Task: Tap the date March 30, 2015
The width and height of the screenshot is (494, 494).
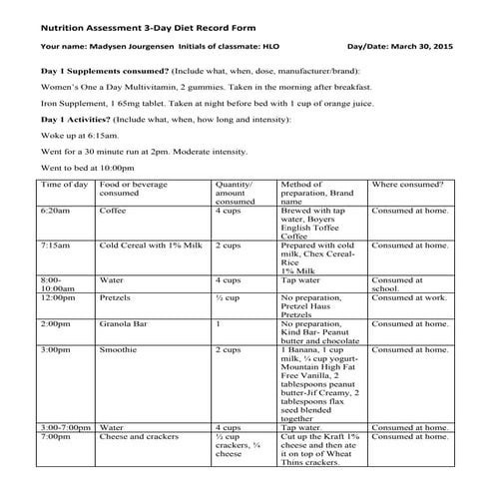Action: pos(425,46)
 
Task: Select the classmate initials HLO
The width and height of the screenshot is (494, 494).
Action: pos(283,46)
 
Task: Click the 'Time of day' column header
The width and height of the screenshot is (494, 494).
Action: pos(63,186)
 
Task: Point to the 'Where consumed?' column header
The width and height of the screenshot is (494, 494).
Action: pos(407,186)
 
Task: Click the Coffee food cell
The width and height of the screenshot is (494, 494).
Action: pos(114,212)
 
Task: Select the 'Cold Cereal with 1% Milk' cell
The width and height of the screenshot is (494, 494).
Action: pos(150,245)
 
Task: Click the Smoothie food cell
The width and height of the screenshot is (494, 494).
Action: pos(119,350)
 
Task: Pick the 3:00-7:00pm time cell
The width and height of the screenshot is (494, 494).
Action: pos(66,427)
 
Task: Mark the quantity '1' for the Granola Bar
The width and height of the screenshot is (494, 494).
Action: pos(218,324)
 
